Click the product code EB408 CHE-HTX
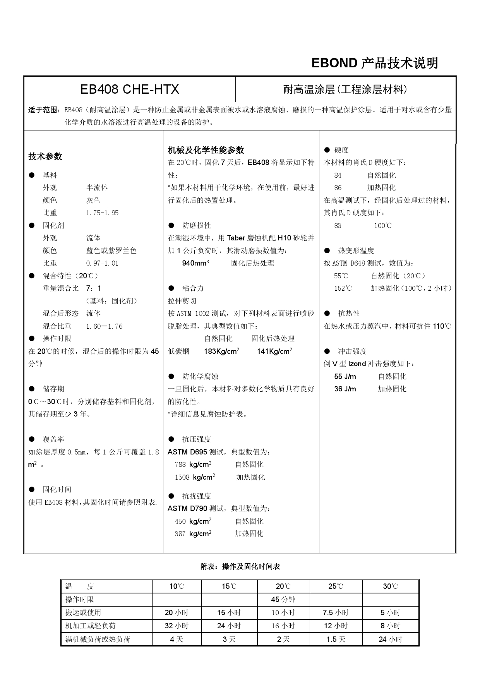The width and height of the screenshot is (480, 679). pos(129,89)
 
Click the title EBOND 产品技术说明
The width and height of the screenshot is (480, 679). pos(374,63)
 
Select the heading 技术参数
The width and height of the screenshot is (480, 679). pos(45,156)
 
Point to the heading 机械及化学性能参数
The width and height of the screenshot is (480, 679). pos(206,150)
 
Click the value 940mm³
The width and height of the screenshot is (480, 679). pos(195,263)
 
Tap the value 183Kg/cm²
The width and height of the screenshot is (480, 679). pos(221,352)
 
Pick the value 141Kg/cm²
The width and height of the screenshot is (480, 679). pos(274,352)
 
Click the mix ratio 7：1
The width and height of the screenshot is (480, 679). pos(94,288)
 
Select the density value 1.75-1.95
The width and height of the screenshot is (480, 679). pos(102,213)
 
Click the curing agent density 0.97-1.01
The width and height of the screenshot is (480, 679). pos(102,263)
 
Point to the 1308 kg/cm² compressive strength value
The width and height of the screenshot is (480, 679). pos(195,477)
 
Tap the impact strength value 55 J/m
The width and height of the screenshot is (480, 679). pos(345,377)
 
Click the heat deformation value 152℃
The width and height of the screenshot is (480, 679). pos(343,288)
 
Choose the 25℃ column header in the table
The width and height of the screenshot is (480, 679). pos(336,586)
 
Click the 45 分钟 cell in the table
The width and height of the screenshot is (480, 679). pos(283,600)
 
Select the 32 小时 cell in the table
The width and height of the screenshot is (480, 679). pos(177,626)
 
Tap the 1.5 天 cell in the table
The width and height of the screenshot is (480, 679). pos(336,640)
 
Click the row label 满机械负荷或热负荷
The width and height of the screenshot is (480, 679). pos(98,640)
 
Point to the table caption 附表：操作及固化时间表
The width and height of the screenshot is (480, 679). pos(240,567)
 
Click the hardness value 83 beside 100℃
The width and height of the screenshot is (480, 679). pos(338,226)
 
